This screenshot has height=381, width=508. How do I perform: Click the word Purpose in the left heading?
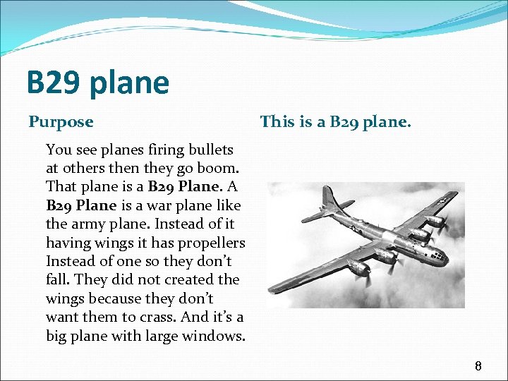click(61, 122)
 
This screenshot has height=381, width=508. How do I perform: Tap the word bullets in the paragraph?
click(209, 150)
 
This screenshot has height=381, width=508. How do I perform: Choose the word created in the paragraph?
click(192, 280)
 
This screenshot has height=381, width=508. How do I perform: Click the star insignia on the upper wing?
click(442, 200)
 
